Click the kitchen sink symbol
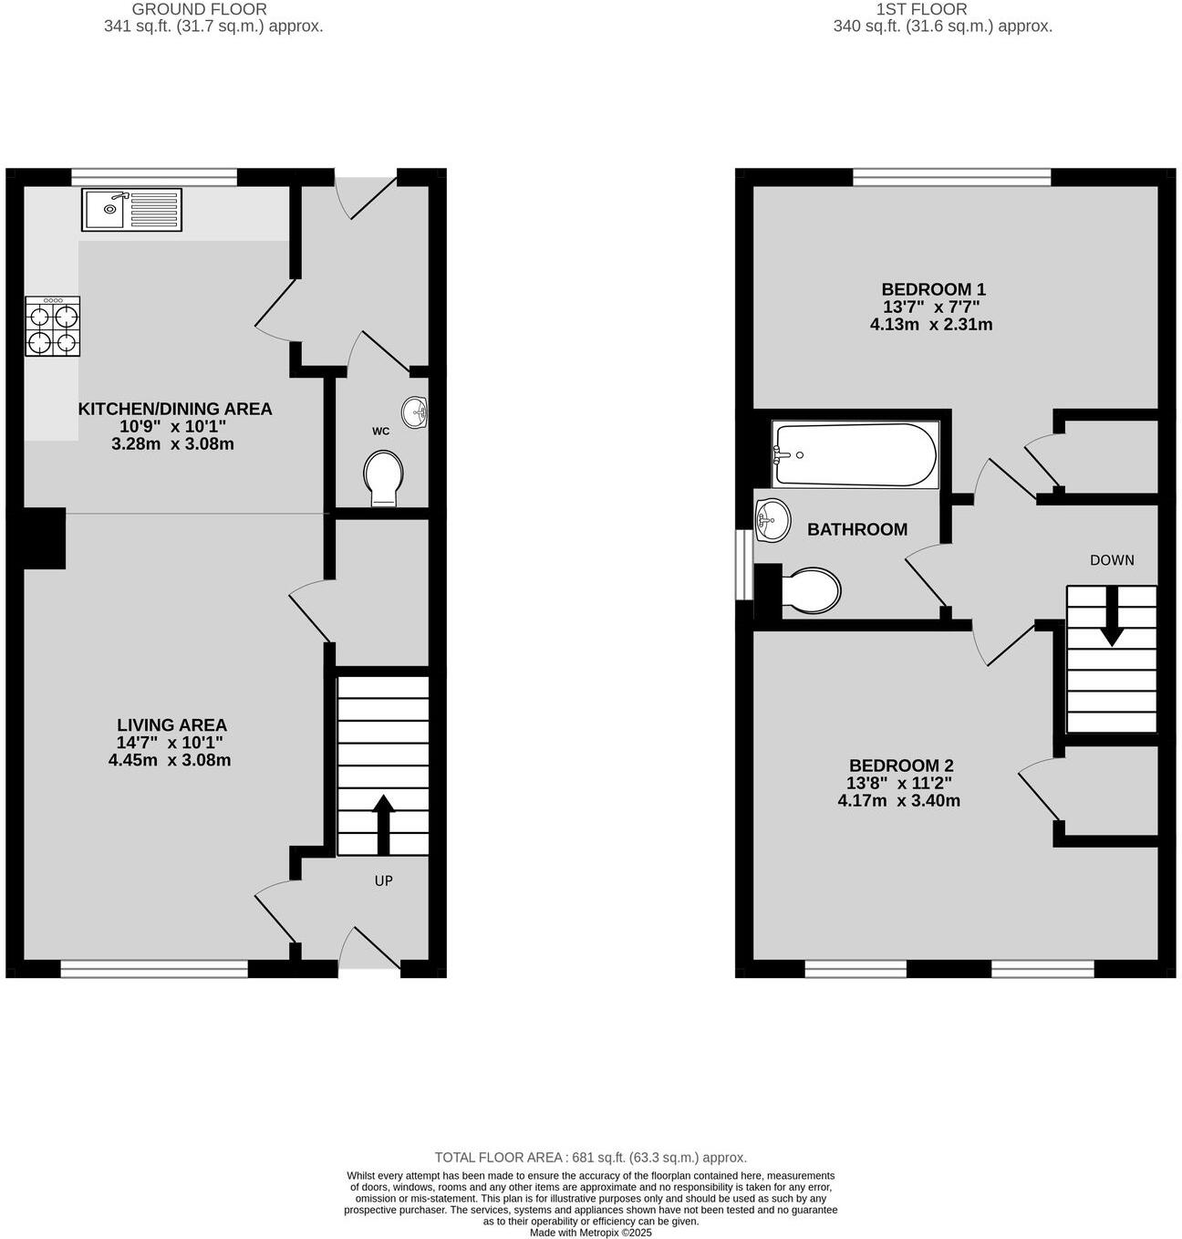[x=131, y=210]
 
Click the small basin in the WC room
[x=415, y=412]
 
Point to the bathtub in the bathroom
[x=855, y=454]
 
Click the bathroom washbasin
[x=771, y=521]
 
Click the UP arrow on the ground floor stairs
[x=383, y=823]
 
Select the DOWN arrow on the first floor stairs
[x=1111, y=617]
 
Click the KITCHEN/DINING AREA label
[x=175, y=409]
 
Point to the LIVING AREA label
[x=171, y=725]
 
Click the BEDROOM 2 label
[x=900, y=765]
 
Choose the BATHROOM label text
[x=857, y=529]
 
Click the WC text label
[x=380, y=431]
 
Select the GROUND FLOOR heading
[x=200, y=9]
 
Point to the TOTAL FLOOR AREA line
[x=590, y=1157]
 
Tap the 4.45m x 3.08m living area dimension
[x=170, y=760]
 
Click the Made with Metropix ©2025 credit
[x=590, y=1232]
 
